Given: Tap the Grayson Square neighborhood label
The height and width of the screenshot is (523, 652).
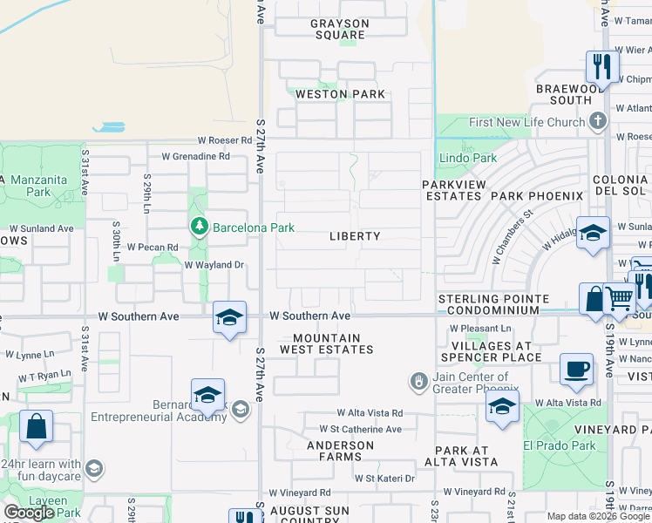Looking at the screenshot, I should [x=339, y=30].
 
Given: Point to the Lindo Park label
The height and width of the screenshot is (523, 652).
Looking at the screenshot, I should [x=468, y=159].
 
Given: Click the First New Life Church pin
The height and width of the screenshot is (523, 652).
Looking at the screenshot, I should [x=597, y=122].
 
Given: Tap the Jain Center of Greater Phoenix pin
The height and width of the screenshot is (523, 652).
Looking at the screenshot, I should [x=419, y=382].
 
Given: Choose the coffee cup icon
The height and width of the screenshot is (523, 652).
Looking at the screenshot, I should [x=575, y=369].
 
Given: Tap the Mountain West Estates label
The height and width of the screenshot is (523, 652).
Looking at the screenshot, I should [x=327, y=343].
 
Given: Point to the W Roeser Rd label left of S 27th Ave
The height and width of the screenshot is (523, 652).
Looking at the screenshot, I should [x=224, y=139].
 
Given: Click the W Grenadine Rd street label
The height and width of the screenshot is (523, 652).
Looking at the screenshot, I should [x=195, y=157].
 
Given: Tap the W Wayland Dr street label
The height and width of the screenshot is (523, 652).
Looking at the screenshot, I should [x=210, y=265].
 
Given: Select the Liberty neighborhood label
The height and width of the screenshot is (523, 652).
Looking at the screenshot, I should [x=355, y=236].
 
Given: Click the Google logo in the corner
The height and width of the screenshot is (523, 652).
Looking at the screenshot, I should [x=29, y=513].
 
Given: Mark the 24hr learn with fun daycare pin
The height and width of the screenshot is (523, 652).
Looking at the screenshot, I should [x=93, y=470].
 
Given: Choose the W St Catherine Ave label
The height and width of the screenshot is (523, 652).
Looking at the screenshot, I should [x=360, y=430].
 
